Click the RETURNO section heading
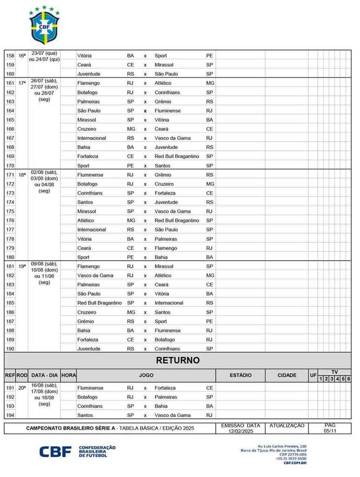[178, 360]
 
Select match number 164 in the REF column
[10, 111]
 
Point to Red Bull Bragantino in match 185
[99, 303]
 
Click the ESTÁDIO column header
[240, 375]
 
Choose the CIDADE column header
[287, 375]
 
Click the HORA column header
[68, 375]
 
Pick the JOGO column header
[146, 375]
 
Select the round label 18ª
[22, 175]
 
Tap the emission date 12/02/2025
[240, 431]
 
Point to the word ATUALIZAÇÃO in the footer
[287, 425]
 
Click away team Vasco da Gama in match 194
[173, 416]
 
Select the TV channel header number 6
[348, 379]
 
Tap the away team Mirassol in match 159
[164, 65]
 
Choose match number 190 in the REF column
[10, 349]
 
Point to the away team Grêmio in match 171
[163, 175]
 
